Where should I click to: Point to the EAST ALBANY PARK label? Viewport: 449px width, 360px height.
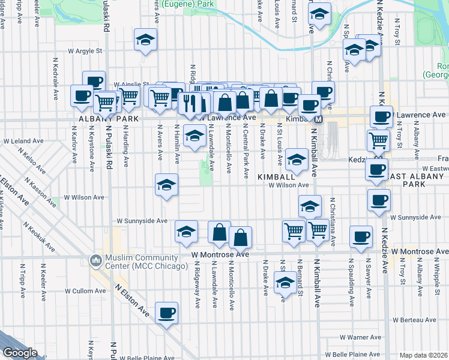point(415,179)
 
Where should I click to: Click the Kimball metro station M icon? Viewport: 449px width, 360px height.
point(319,119)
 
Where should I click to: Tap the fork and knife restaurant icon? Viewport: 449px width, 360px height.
point(187,103)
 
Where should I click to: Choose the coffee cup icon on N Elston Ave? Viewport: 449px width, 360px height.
point(166,313)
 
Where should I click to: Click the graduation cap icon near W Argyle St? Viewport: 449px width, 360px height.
point(145,40)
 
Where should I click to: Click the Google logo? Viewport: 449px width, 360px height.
point(20,353)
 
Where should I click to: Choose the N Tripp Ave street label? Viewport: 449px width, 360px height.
point(22,275)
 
